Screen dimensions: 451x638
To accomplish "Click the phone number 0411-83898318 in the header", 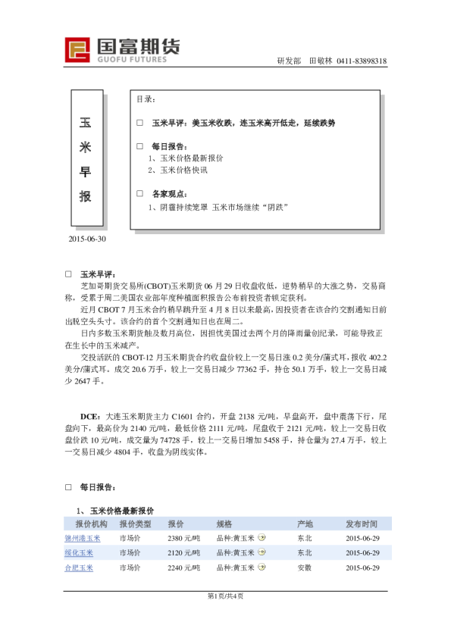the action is pyautogui.click(x=362, y=61).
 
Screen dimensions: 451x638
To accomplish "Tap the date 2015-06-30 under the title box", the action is pyautogui.click(x=87, y=239).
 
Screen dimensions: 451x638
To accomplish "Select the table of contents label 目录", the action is pyautogui.click(x=146, y=99).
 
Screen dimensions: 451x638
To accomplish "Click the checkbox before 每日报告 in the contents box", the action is pyautogui.click(x=139, y=146).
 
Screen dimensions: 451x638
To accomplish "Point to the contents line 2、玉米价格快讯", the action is pyautogui.click(x=177, y=170).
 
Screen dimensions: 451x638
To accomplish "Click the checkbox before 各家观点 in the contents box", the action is pyautogui.click(x=139, y=194).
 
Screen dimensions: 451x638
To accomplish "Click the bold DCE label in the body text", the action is pyautogui.click(x=89, y=417).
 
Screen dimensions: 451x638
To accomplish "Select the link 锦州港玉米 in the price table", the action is pyautogui.click(x=83, y=538).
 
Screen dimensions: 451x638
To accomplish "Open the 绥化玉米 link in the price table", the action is pyautogui.click(x=79, y=552).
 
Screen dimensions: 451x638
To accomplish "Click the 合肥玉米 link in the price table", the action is pyautogui.click(x=79, y=568).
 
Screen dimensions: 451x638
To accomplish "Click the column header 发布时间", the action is pyautogui.click(x=362, y=524).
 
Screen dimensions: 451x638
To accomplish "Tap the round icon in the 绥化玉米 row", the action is pyautogui.click(x=262, y=552).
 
